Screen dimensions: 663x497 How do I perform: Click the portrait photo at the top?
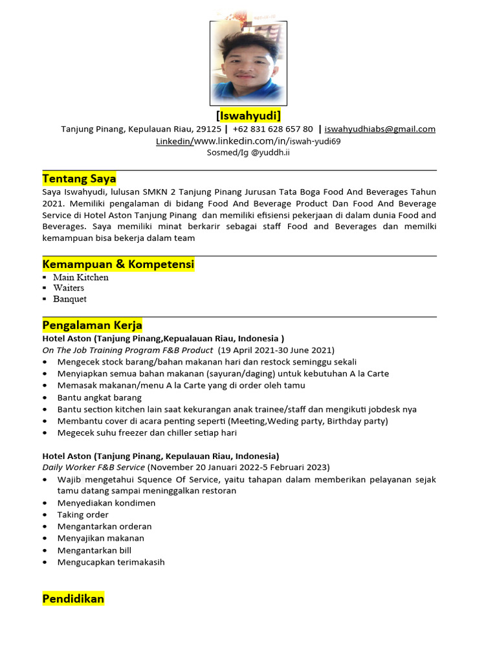[248, 63]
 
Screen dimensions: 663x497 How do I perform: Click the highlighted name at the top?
[248, 116]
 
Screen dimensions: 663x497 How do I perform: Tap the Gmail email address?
[380, 129]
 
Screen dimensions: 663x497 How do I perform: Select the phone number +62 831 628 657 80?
[272, 129]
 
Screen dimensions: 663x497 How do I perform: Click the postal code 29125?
[208, 129]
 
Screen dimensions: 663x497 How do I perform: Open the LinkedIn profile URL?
[267, 141]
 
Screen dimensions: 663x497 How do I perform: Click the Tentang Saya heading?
[79, 179]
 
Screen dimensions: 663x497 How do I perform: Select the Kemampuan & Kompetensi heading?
[118, 264]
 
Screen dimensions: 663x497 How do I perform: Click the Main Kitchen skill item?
[81, 277]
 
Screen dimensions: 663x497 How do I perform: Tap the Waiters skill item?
[69, 288]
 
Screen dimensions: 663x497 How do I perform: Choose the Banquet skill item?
[70, 299]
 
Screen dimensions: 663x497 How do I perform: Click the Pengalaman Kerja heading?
[92, 325]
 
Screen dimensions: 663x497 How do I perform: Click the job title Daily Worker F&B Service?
[94, 467]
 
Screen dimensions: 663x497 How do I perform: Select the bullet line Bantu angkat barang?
[99, 398]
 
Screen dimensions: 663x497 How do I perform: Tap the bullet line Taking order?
[83, 515]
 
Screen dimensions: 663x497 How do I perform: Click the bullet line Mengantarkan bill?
[94, 550]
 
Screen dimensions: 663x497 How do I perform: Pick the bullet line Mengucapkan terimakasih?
[111, 562]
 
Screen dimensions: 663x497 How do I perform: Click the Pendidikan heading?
[73, 599]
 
